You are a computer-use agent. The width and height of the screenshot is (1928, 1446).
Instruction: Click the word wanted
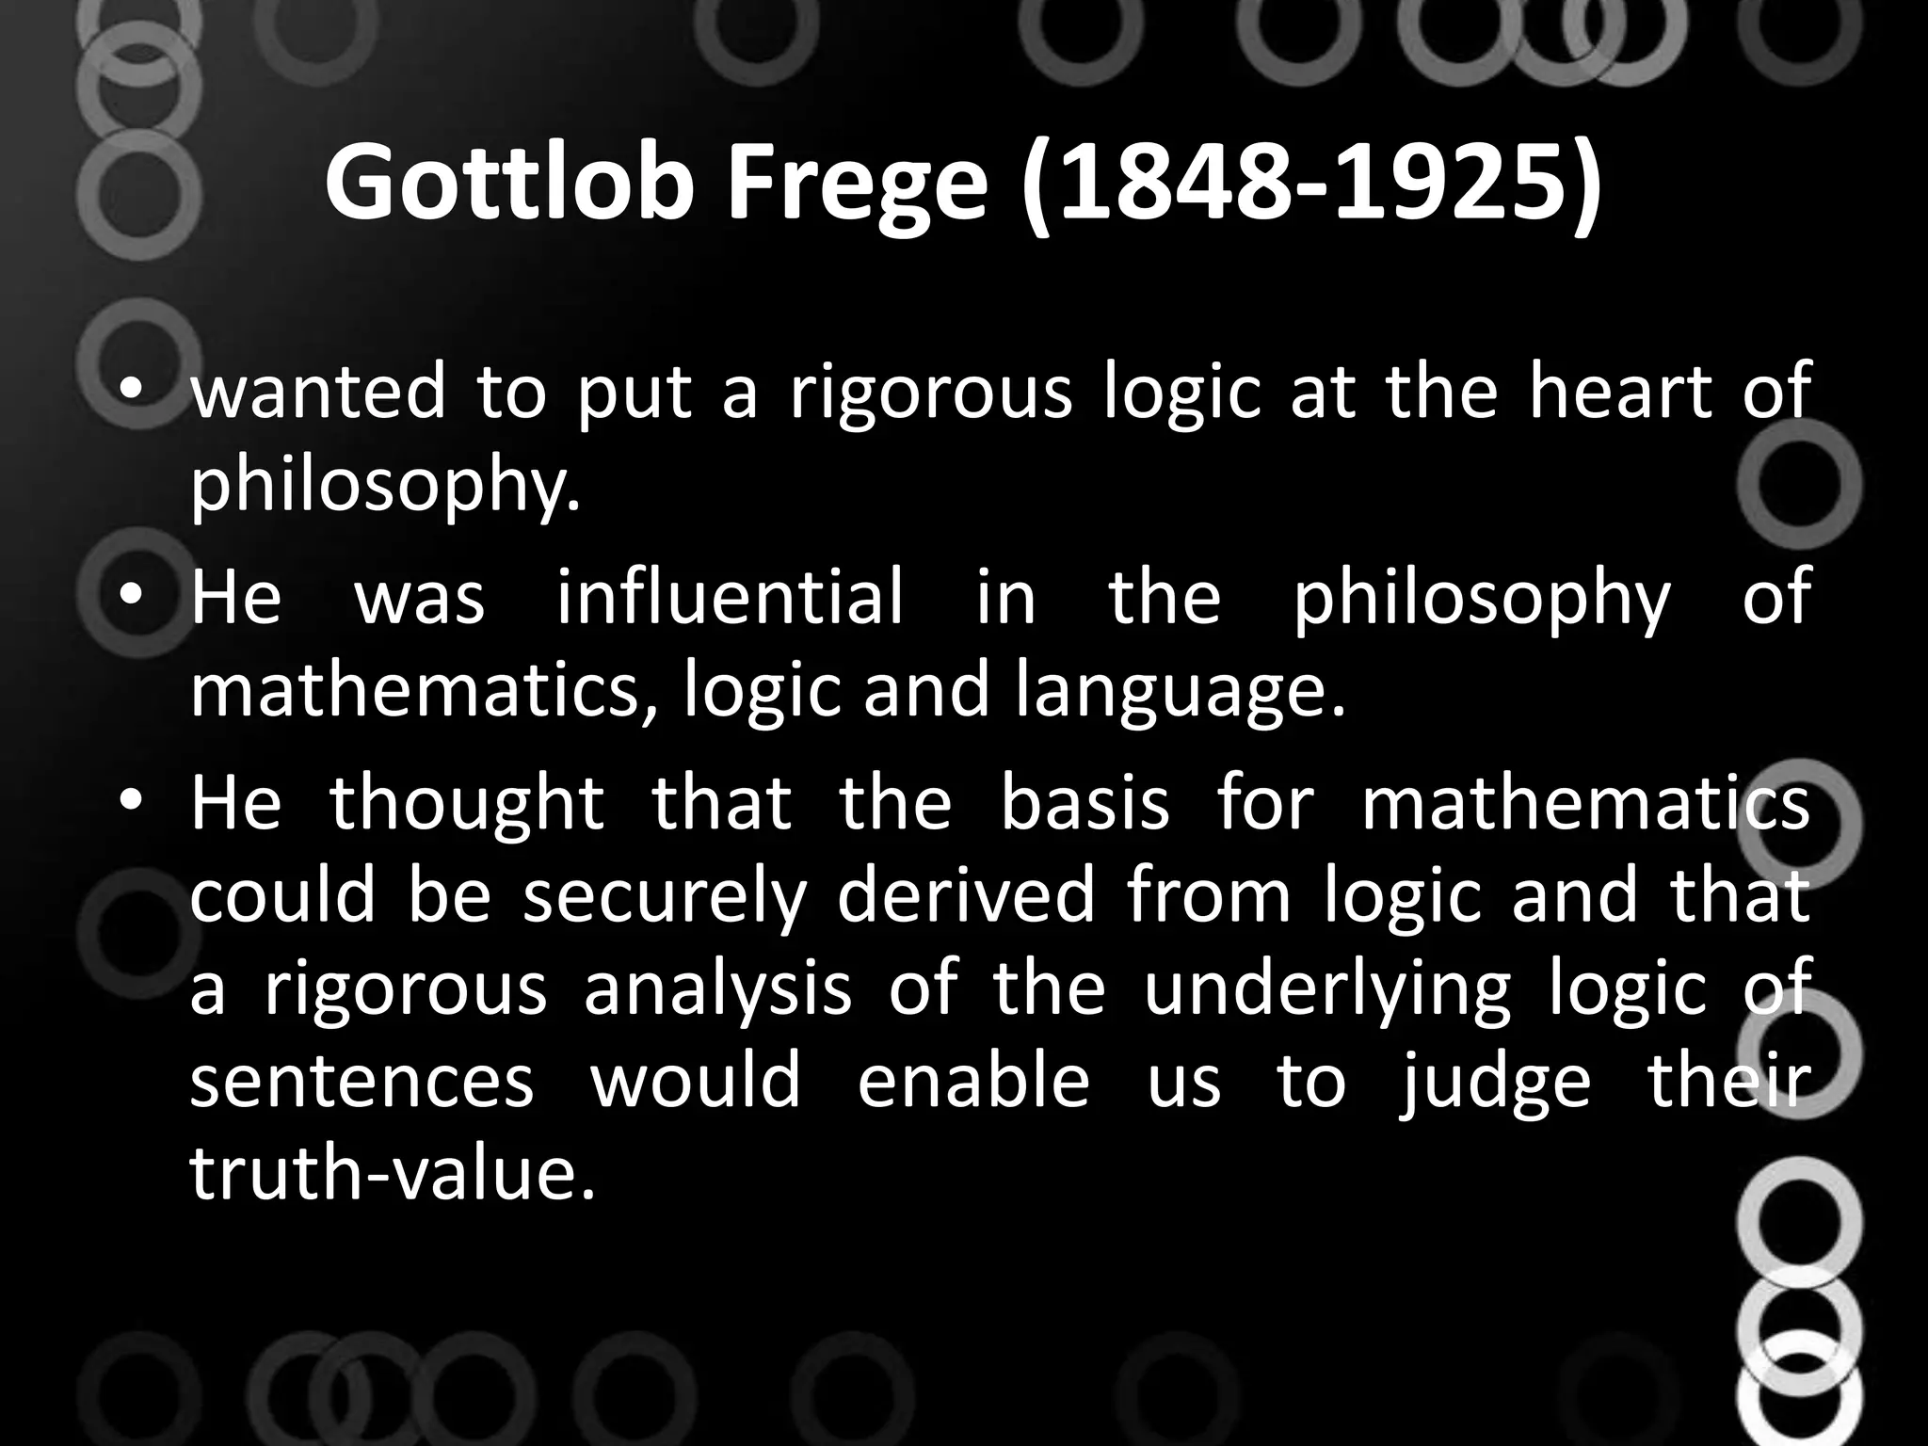(x=318, y=392)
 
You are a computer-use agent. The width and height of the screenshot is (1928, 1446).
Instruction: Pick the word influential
(x=730, y=597)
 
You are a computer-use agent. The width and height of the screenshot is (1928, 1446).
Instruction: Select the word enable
(x=973, y=1082)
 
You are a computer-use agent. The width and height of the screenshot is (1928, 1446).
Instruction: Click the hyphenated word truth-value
(x=394, y=1174)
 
